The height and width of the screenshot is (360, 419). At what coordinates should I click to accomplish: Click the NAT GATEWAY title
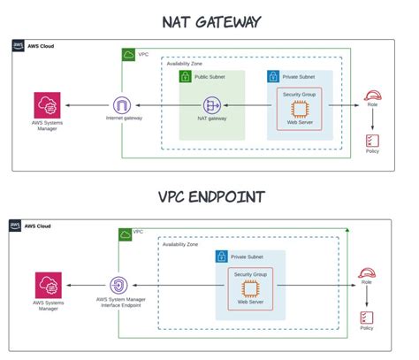(x=209, y=20)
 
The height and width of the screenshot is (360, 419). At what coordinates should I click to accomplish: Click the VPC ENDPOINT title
(x=209, y=196)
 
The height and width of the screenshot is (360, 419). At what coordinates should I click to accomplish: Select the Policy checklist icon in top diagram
(x=372, y=141)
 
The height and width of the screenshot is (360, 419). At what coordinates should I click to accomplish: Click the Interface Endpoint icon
(x=122, y=286)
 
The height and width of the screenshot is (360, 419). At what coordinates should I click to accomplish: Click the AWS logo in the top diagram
(x=19, y=46)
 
